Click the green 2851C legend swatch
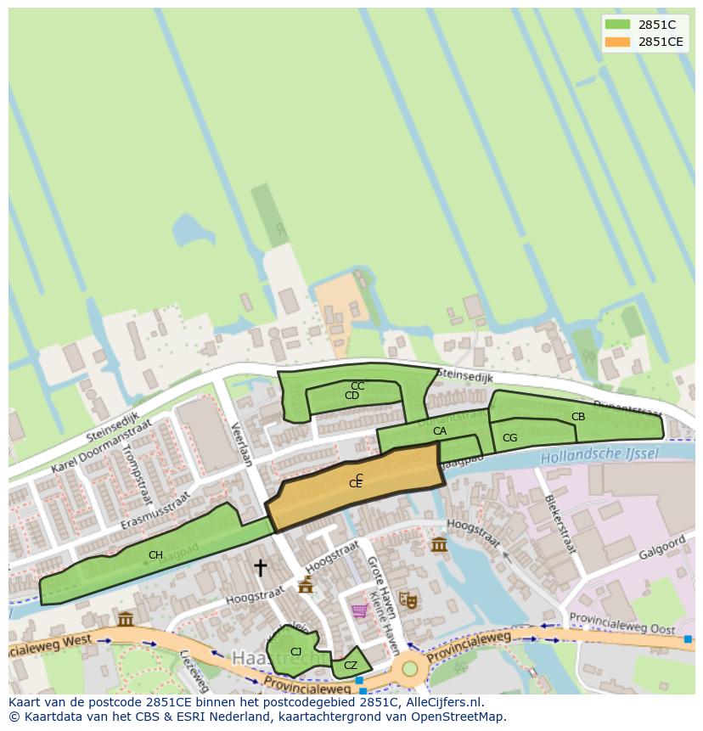[x=617, y=25]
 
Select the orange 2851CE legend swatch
[x=617, y=42]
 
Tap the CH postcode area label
[x=155, y=555]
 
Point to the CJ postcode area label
[x=295, y=652]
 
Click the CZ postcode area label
[x=351, y=666]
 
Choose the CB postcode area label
[x=578, y=417]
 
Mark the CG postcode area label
[x=509, y=438]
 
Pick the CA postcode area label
[x=439, y=431]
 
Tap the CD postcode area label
[x=351, y=396]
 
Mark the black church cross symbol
[x=260, y=566]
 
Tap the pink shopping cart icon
[x=359, y=610]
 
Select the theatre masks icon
[x=408, y=600]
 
